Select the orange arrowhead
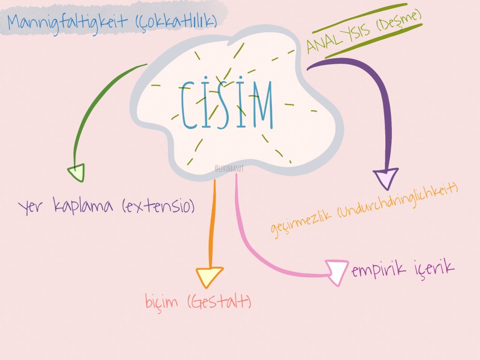click(209, 277)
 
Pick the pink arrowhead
click(338, 272)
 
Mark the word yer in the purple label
click(32, 207)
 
